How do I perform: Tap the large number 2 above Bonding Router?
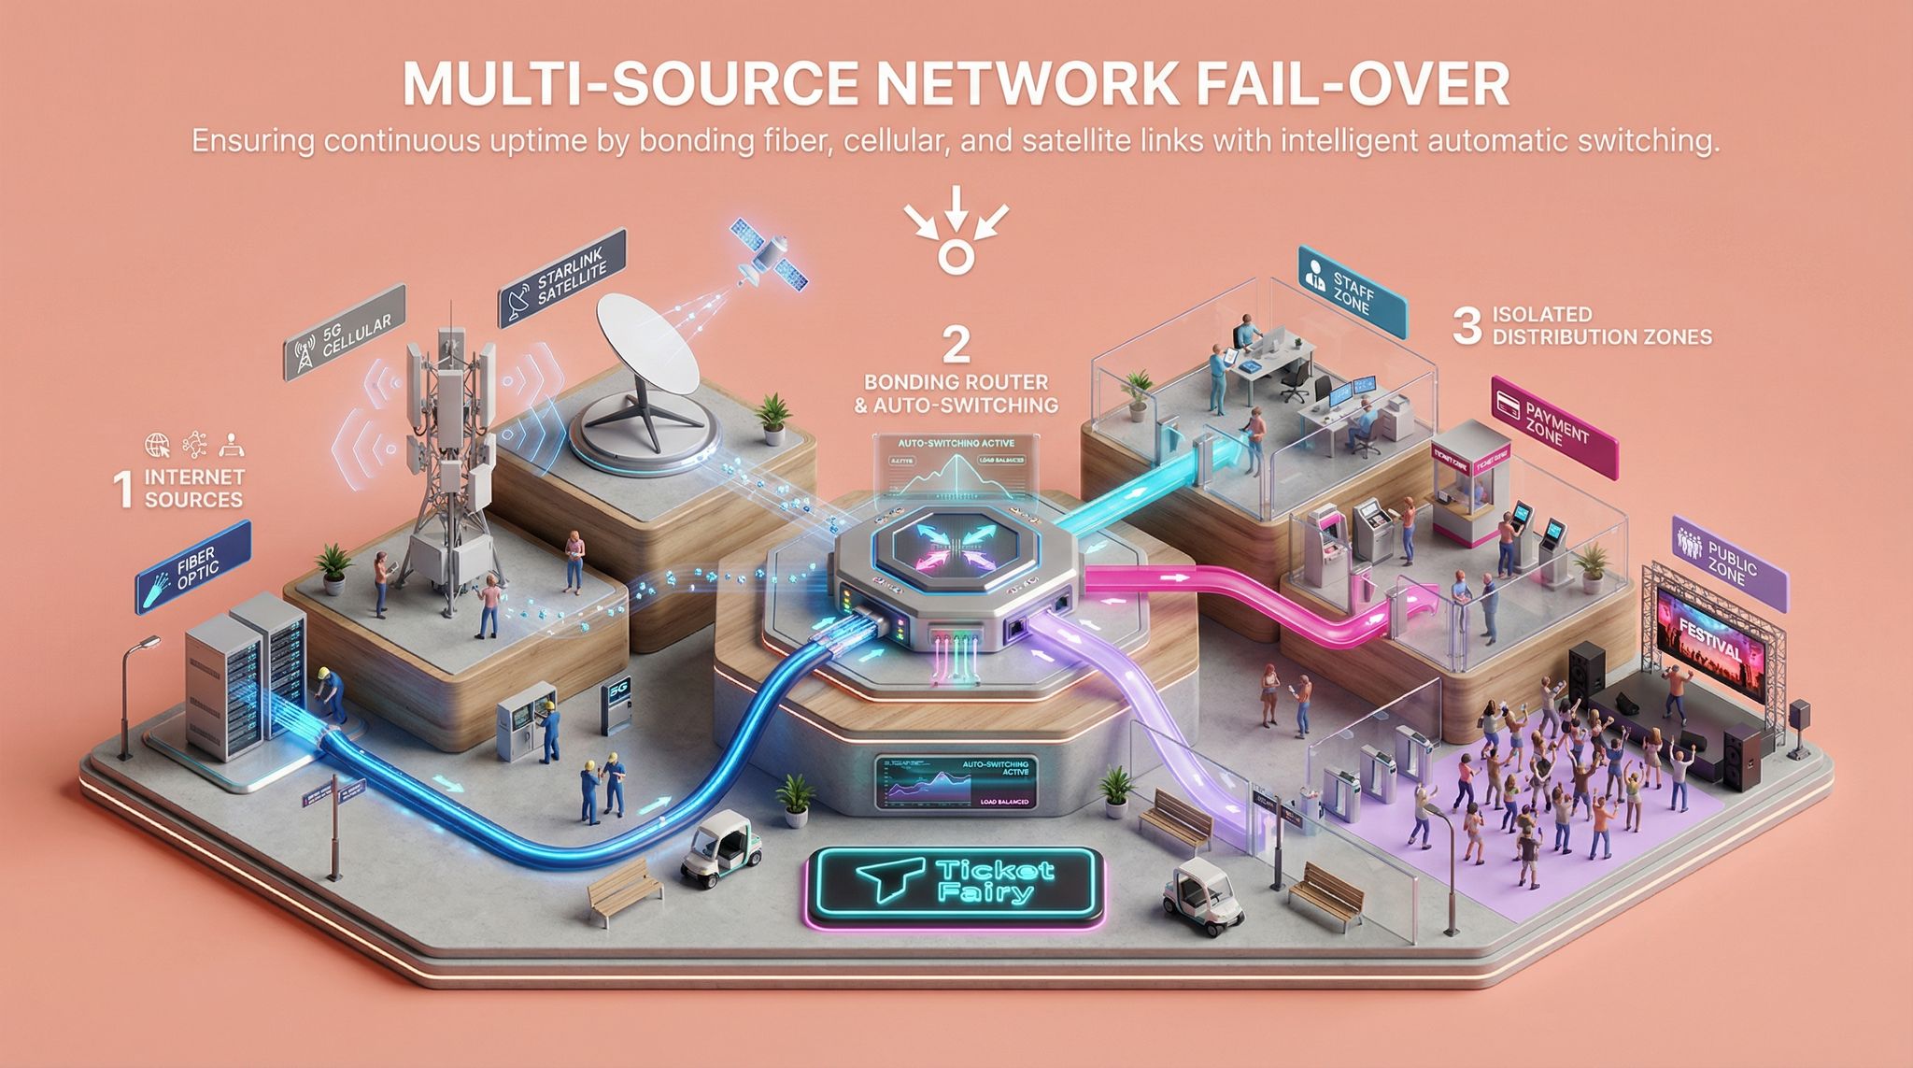click(956, 344)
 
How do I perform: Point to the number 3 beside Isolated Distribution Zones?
click(1467, 326)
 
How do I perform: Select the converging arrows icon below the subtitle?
click(956, 239)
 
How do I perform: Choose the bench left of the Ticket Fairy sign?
click(624, 892)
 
